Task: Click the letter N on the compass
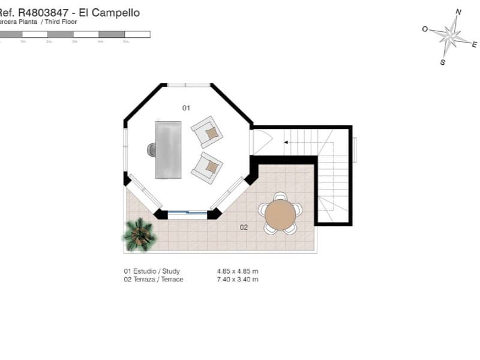tap(458, 11)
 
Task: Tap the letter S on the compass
tap(442, 62)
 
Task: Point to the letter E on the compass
tap(474, 44)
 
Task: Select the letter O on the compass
tap(425, 29)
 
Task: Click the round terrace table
tap(280, 215)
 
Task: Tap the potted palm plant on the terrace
tap(140, 235)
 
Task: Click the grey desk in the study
tap(168, 149)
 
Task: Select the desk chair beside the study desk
tap(151, 149)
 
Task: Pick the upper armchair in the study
tap(207, 131)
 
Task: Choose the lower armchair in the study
tap(207, 167)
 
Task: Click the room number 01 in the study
tap(186, 108)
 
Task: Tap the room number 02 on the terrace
tap(244, 227)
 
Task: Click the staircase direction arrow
tap(287, 142)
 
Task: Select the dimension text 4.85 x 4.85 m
tap(238, 271)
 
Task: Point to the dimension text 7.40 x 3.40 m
tap(238, 280)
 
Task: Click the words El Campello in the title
tap(114, 13)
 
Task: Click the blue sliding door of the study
tap(187, 212)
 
